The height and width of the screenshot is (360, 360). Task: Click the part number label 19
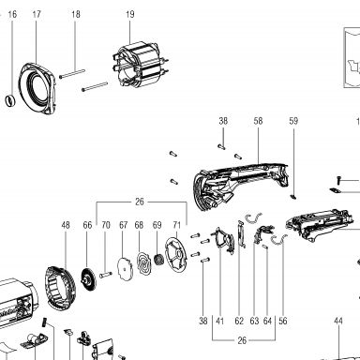click(130, 14)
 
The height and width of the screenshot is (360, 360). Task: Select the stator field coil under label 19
click(140, 67)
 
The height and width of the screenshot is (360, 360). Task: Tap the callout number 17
click(37, 14)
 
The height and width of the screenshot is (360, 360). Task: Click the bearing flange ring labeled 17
click(37, 88)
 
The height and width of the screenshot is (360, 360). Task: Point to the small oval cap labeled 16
click(10, 100)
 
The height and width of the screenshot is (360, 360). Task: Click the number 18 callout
click(76, 14)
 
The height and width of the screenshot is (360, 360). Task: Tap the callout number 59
click(293, 121)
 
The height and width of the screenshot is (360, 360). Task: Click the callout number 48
click(66, 225)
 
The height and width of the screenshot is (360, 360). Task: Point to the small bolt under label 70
click(106, 275)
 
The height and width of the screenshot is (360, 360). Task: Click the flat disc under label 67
click(126, 268)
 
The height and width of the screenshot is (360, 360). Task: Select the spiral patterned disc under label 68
click(143, 262)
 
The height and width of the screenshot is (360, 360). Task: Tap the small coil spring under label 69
click(159, 260)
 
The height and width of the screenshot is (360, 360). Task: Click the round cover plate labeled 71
click(175, 256)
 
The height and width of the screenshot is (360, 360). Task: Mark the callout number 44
click(338, 321)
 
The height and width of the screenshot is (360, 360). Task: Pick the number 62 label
click(239, 321)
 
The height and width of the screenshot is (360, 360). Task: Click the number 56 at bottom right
click(282, 321)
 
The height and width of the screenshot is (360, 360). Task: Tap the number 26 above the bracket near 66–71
click(140, 202)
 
